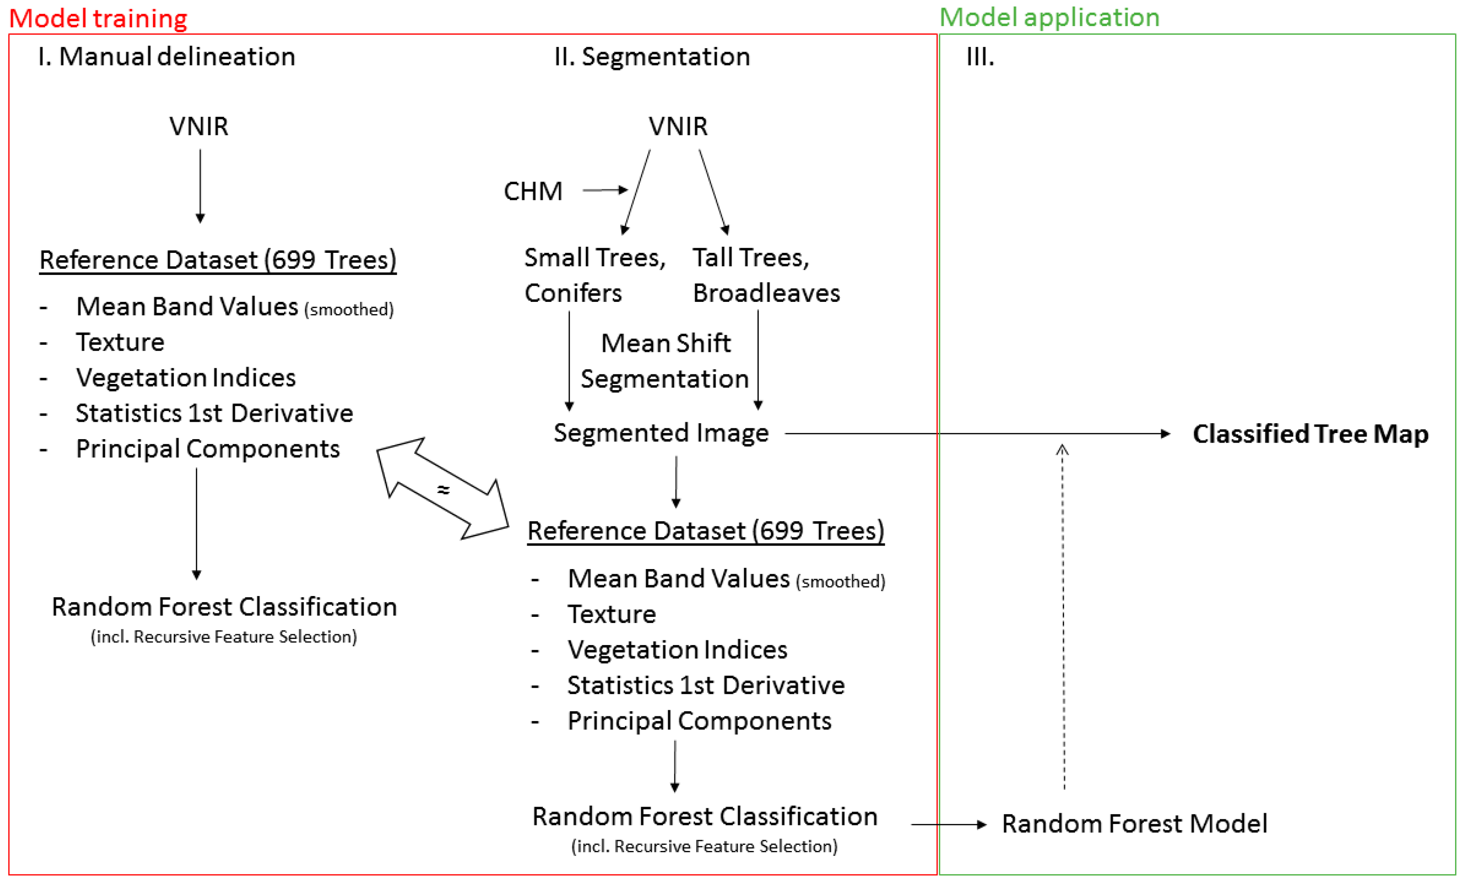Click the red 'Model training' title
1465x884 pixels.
click(98, 18)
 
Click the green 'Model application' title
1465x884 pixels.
click(1050, 17)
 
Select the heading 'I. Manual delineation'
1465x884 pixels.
click(166, 56)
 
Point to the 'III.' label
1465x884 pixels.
click(980, 57)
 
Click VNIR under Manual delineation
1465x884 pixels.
click(199, 126)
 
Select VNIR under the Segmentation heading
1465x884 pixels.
click(678, 126)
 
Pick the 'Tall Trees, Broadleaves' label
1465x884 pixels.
click(766, 275)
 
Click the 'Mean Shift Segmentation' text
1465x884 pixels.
click(665, 361)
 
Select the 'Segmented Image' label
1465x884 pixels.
click(661, 433)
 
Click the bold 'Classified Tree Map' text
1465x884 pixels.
click(1310, 434)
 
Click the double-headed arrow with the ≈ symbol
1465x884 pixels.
click(443, 489)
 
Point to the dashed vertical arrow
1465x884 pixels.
click(1063, 618)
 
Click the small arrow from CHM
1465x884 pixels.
click(605, 190)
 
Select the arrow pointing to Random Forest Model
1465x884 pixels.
click(948, 824)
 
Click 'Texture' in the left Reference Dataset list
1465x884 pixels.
click(120, 342)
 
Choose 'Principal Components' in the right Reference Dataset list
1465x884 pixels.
click(699, 721)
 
